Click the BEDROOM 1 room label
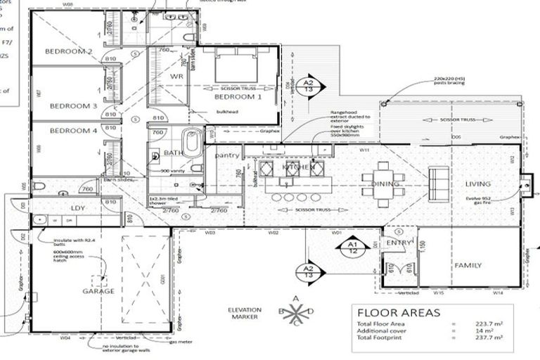coord(238,98)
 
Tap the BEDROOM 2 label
coord(69,51)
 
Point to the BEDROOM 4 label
coord(73,131)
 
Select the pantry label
coord(228,155)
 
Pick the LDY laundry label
coord(77,208)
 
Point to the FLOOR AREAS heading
coord(399,312)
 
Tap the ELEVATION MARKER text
coord(244,313)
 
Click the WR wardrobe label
coord(176,76)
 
